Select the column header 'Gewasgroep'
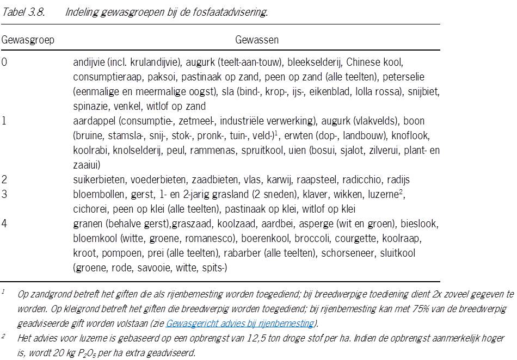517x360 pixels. (28, 40)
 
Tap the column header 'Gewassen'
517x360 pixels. (257, 40)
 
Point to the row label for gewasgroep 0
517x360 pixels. (4, 62)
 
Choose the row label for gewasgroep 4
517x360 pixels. (4, 224)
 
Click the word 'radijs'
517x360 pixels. (398, 179)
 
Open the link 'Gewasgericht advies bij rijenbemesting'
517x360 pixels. (240, 324)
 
